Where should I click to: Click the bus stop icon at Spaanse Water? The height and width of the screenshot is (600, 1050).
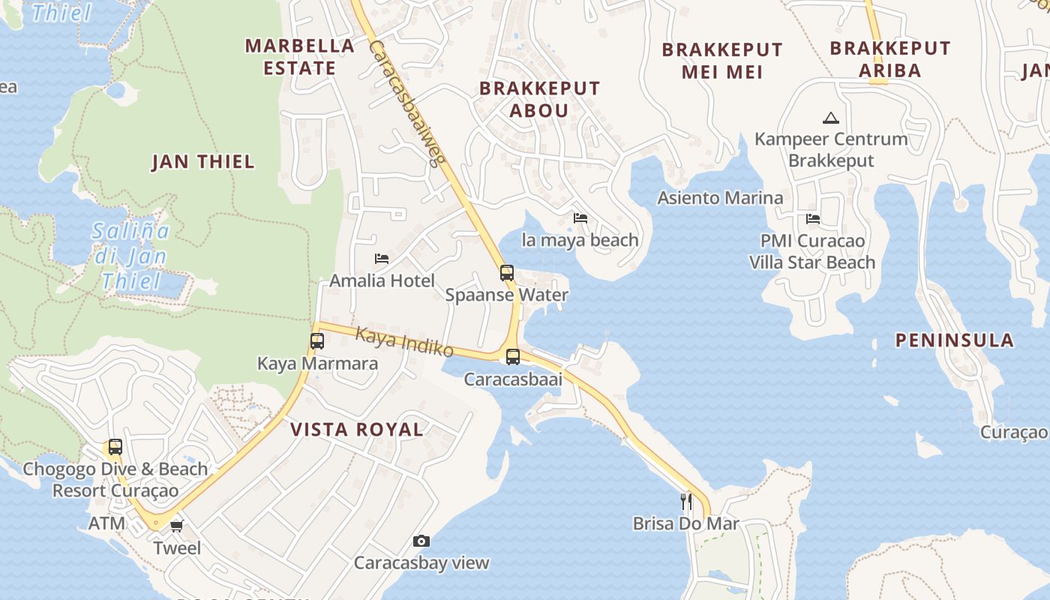pos(507,273)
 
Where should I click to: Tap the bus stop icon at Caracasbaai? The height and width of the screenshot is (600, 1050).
pos(513,357)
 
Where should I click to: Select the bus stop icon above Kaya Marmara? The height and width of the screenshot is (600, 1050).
pos(317,341)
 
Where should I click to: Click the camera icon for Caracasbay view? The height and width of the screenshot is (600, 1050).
pos(421,541)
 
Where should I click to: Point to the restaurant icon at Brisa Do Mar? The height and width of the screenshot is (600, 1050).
pos(685,501)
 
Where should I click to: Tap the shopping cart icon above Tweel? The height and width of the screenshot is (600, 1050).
pos(177,526)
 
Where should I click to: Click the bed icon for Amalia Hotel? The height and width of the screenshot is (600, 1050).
pos(382,259)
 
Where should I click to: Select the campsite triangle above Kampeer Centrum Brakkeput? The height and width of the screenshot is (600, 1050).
pos(830,118)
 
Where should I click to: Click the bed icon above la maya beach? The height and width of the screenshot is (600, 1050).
pos(580,218)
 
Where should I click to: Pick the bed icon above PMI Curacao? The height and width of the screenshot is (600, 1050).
pos(813,219)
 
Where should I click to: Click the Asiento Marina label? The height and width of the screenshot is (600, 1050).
pos(720,198)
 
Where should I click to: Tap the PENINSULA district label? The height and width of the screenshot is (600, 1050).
pos(955,340)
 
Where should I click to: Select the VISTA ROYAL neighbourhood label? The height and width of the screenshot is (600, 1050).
pos(357,430)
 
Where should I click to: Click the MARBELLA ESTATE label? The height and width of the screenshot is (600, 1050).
pos(300,56)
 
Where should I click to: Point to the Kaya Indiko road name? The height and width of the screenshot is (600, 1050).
pos(404,341)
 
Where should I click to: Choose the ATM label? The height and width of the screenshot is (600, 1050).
pos(107,523)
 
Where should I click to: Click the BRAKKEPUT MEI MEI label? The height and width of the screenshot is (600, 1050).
pos(722,61)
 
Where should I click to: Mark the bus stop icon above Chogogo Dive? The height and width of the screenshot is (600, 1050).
pos(115,447)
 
